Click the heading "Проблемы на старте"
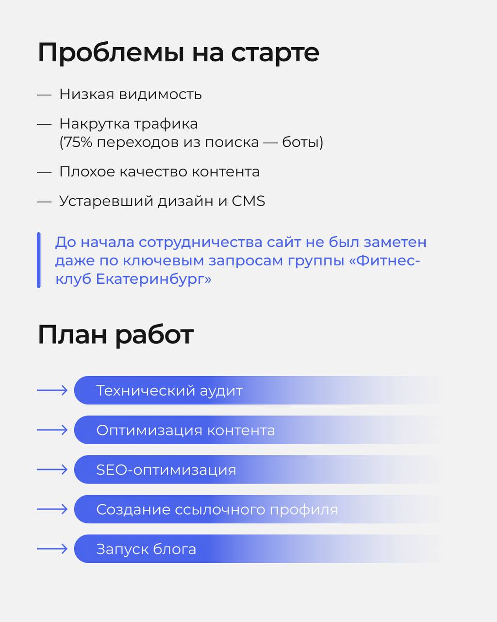(178, 52)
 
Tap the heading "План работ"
(116, 335)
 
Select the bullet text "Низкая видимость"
(130, 94)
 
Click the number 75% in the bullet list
(72, 142)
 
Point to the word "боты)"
(303, 142)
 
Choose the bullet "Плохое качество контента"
(159, 172)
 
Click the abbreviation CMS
(248, 201)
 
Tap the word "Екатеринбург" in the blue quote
(154, 279)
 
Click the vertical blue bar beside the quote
(39, 260)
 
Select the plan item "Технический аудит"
(169, 391)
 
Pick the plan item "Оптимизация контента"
(185, 430)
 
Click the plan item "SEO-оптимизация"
(166, 470)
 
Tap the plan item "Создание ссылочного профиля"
(217, 510)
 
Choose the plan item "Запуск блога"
(146, 549)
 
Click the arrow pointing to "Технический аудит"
(52, 390)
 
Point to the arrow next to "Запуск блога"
(52, 549)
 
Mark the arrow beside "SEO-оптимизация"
(52, 469)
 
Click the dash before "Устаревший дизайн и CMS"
(44, 201)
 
